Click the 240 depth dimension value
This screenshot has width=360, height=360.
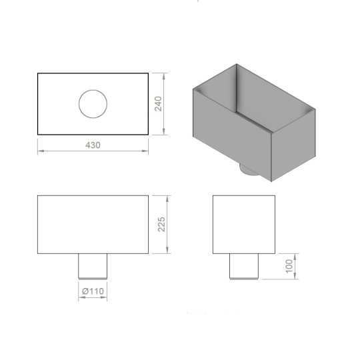coord(159,103)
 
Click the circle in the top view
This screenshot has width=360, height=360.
coord(93,104)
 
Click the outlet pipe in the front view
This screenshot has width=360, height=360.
coord(93,266)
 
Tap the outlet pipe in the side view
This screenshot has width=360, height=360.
coord(243,266)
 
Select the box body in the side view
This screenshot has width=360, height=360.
coord(243,224)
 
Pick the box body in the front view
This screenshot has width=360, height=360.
coord(92,224)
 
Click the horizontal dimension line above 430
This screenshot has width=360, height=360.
coord(92,152)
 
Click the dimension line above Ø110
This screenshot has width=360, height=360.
coord(93,297)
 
